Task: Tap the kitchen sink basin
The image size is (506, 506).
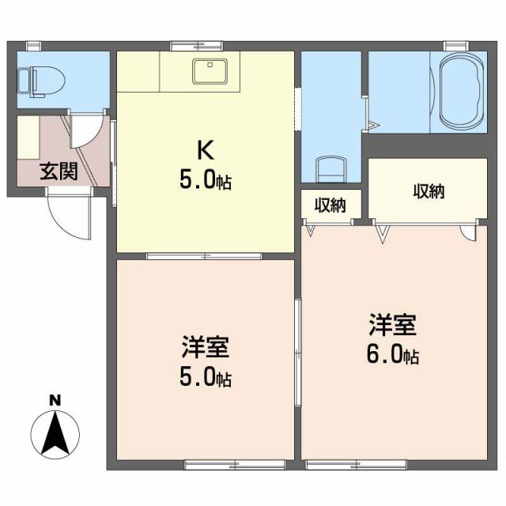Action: pyautogui.click(x=210, y=71)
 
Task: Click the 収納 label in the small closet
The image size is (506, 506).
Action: pyautogui.click(x=330, y=206)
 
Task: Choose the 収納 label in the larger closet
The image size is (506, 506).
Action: pyautogui.click(x=428, y=191)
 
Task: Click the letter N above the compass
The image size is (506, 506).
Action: pyautogui.click(x=55, y=401)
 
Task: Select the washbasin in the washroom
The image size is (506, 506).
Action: pyautogui.click(x=331, y=168)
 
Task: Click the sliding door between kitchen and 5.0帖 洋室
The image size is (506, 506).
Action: pyautogui.click(x=204, y=255)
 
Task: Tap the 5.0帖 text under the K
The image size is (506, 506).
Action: pyautogui.click(x=205, y=180)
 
